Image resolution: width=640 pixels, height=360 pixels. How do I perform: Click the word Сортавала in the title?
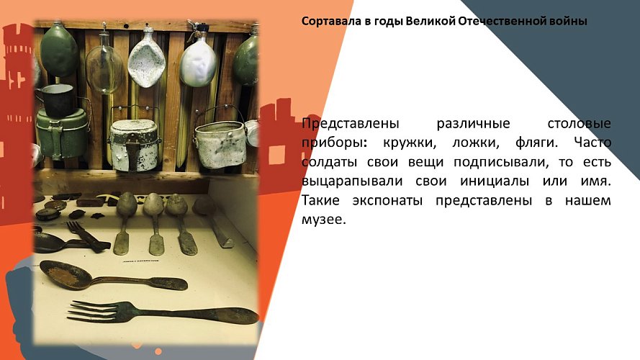[328, 22]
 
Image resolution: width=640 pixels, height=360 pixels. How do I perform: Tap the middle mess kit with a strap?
[135, 143]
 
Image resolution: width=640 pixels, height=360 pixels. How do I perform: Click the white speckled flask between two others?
[147, 60]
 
